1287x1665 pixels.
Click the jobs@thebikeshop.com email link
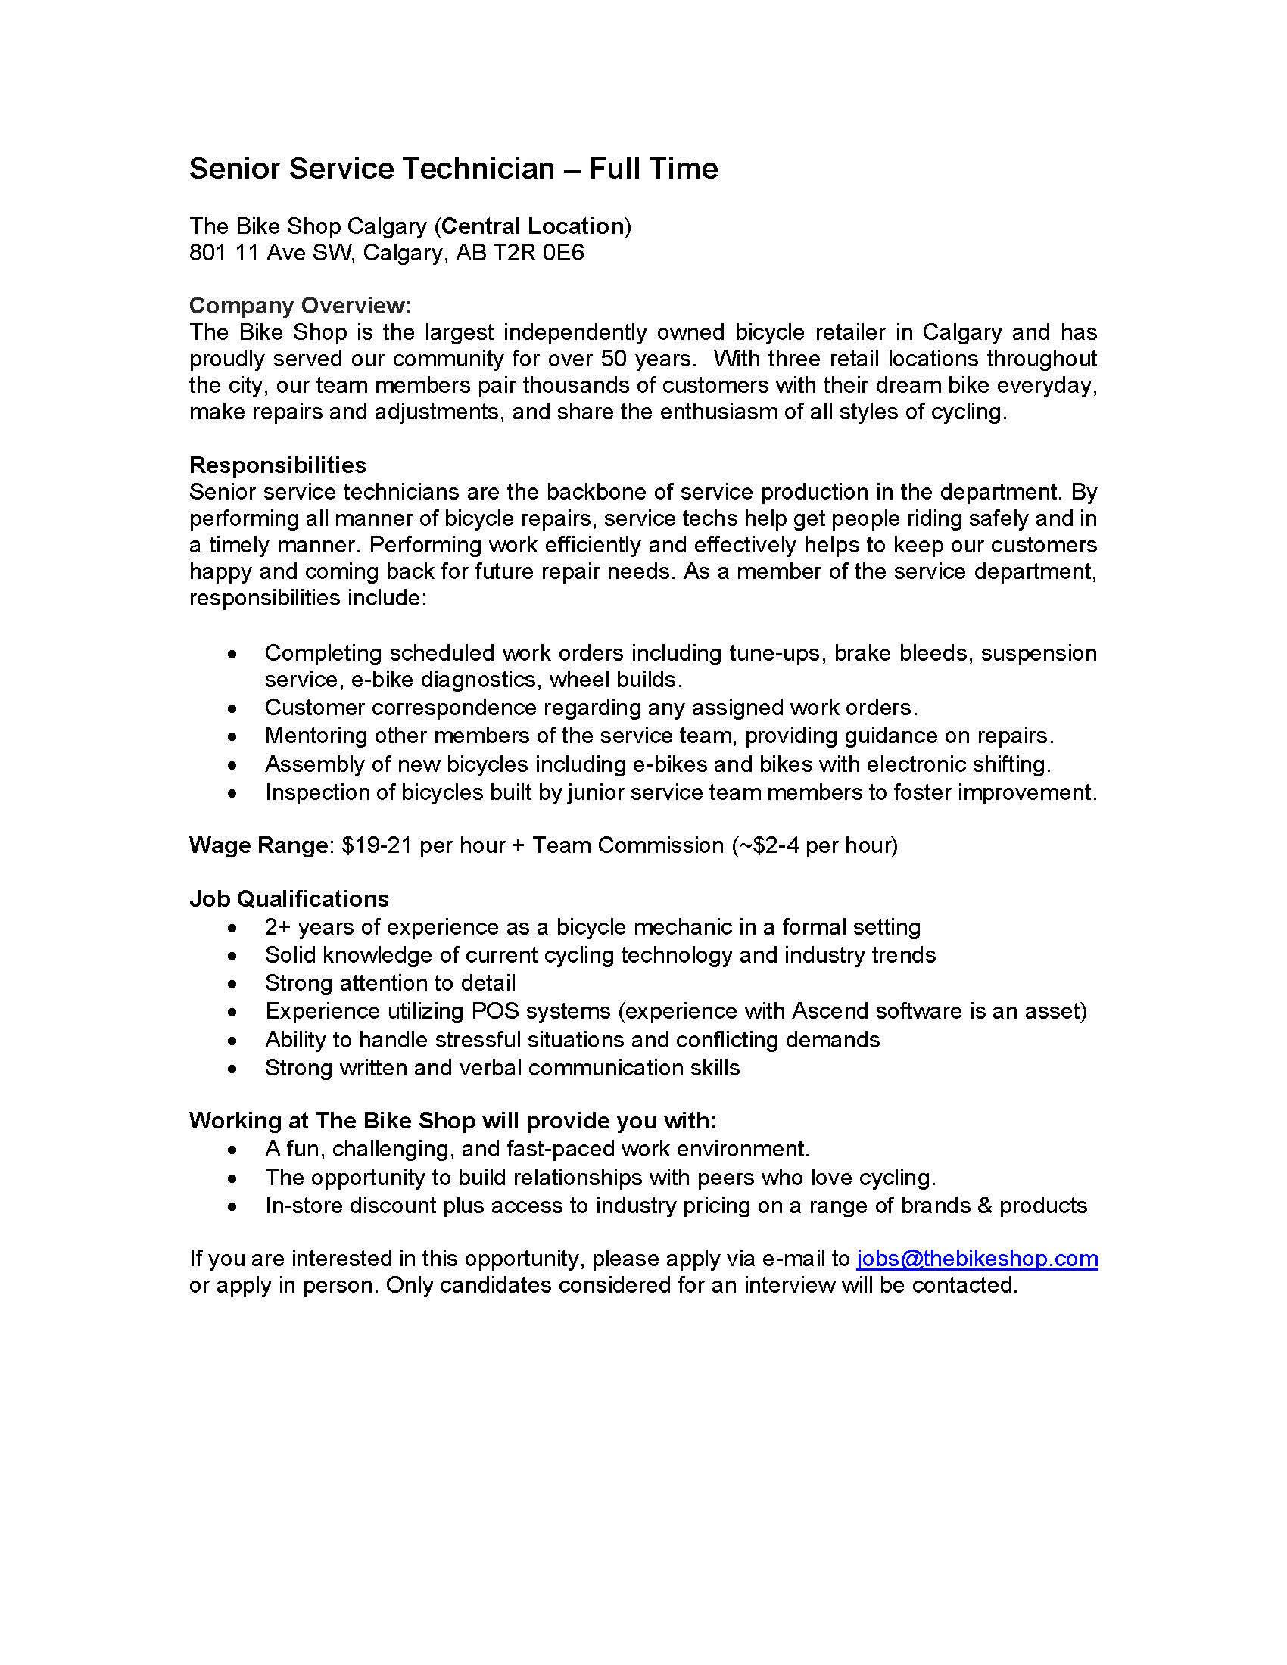pyautogui.click(x=977, y=1258)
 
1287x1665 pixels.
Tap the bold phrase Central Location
pyautogui.click(x=533, y=226)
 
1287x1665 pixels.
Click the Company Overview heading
pyautogui.click(x=300, y=306)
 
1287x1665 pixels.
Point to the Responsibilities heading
pyautogui.click(x=278, y=465)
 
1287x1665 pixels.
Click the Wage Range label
pyautogui.click(x=258, y=845)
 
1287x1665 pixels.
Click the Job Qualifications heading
pyautogui.click(x=289, y=899)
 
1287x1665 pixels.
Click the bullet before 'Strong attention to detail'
pyautogui.click(x=232, y=983)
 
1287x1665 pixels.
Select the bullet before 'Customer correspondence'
pyautogui.click(x=232, y=708)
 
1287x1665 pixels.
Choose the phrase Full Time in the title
pyautogui.click(x=653, y=169)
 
